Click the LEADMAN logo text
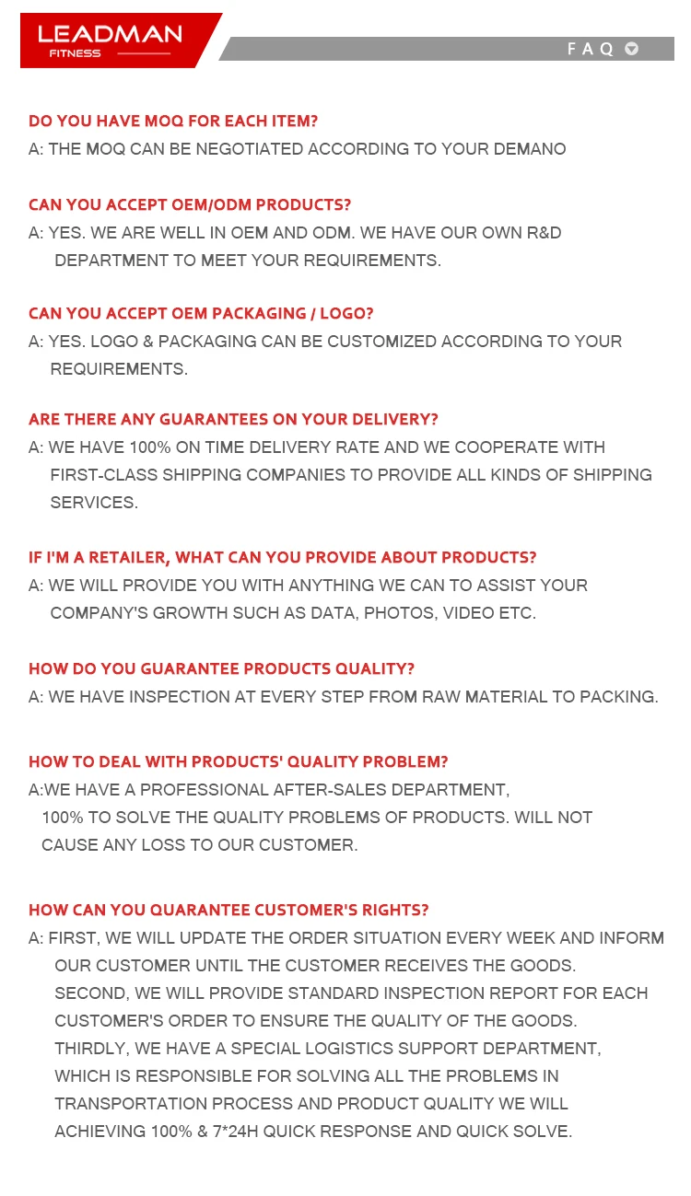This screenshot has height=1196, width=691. (110, 34)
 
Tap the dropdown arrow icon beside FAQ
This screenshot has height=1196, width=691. (631, 49)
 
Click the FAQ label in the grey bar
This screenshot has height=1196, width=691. (590, 49)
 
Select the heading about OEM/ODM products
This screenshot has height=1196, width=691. (190, 204)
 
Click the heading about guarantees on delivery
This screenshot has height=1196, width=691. (233, 419)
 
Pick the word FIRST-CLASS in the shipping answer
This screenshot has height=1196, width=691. (103, 475)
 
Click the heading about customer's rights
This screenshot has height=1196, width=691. (228, 910)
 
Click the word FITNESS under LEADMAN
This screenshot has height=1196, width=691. (75, 53)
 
